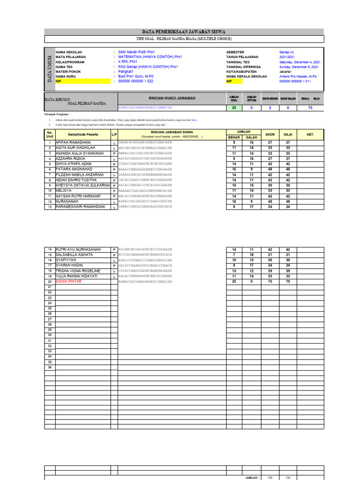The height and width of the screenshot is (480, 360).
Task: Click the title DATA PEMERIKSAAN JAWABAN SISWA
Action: [184, 31]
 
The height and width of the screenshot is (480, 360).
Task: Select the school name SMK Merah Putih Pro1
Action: [136, 52]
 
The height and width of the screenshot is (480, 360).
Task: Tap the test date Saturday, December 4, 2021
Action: [300, 62]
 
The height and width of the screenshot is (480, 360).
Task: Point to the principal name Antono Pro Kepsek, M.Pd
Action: [298, 76]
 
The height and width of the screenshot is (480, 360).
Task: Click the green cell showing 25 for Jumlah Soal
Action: [233, 107]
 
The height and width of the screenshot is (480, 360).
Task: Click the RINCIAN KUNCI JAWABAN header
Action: [172, 98]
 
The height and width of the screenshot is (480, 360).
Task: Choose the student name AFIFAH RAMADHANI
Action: [73, 142]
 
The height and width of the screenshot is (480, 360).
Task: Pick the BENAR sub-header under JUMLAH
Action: [233, 137]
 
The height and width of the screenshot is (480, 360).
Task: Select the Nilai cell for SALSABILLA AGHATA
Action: [288, 255]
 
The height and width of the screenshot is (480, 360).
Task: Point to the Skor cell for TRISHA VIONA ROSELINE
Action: [270, 271]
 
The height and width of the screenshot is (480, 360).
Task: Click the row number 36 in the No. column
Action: [49, 367]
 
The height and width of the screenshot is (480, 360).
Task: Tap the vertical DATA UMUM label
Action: [49, 67]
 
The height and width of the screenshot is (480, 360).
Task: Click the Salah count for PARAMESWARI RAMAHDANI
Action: [251, 207]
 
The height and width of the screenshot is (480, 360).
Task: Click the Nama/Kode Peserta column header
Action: [82, 135]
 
